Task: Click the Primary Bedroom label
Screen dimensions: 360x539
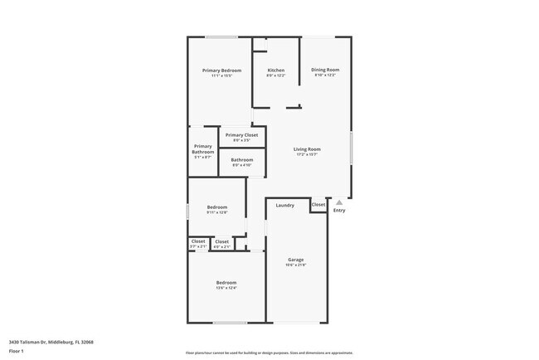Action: tap(222, 71)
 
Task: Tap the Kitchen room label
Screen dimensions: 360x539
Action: tap(276, 71)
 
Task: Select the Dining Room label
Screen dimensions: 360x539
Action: tap(325, 70)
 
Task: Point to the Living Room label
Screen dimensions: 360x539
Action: tap(307, 149)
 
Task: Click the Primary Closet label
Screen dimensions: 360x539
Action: tap(241, 134)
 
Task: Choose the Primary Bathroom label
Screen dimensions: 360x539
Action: tap(203, 149)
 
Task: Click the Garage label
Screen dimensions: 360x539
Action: tap(296, 260)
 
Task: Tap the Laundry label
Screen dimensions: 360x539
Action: tap(285, 205)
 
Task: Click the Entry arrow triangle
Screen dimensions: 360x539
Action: tap(338, 202)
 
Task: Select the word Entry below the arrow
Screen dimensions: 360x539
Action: tap(339, 211)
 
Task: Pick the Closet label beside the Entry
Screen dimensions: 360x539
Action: tap(318, 204)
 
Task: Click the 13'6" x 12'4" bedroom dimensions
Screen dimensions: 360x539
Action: tap(226, 288)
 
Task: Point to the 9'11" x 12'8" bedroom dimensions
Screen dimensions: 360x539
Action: tap(216, 213)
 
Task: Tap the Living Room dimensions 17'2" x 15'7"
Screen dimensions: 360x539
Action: tap(307, 155)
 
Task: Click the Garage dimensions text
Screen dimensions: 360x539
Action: tap(296, 265)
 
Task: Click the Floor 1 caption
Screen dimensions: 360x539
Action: tap(17, 352)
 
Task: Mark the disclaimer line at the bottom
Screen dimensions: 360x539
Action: tap(269, 352)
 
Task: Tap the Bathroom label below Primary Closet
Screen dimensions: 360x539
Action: tap(242, 159)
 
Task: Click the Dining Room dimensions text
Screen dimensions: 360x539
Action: tap(325, 75)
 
